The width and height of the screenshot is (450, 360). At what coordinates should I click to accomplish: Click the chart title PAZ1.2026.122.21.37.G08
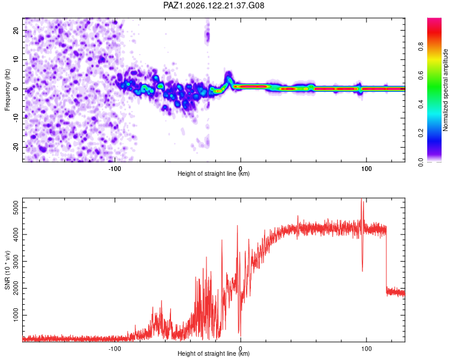214,5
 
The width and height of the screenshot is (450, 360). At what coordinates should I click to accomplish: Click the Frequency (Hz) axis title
7,90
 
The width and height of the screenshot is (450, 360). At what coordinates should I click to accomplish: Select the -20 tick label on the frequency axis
16,148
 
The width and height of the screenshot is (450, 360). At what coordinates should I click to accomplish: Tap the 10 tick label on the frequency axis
16,59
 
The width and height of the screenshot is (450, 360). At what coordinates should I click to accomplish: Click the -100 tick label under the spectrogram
115,169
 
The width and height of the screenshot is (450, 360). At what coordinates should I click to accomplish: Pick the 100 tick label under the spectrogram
366,169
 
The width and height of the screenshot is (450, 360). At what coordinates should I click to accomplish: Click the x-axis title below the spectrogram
214,173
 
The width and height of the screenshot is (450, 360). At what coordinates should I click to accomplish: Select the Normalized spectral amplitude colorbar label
445,90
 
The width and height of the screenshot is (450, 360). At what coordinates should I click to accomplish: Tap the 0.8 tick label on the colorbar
421,47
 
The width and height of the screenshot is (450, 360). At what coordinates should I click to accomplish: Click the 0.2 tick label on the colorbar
421,133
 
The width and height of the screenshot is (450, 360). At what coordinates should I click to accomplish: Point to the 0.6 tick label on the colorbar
421,75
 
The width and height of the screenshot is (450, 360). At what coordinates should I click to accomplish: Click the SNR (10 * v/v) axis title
7,270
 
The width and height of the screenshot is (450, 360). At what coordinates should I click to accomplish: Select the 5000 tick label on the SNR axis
16,208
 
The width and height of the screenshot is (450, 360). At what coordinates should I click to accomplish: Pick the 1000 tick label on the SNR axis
16,315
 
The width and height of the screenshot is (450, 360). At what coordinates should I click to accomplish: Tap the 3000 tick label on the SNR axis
16,261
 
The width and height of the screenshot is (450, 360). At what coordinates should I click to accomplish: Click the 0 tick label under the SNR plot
241,349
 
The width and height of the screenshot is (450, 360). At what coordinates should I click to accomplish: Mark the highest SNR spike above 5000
361,199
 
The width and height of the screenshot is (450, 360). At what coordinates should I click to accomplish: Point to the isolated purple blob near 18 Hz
207,36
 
